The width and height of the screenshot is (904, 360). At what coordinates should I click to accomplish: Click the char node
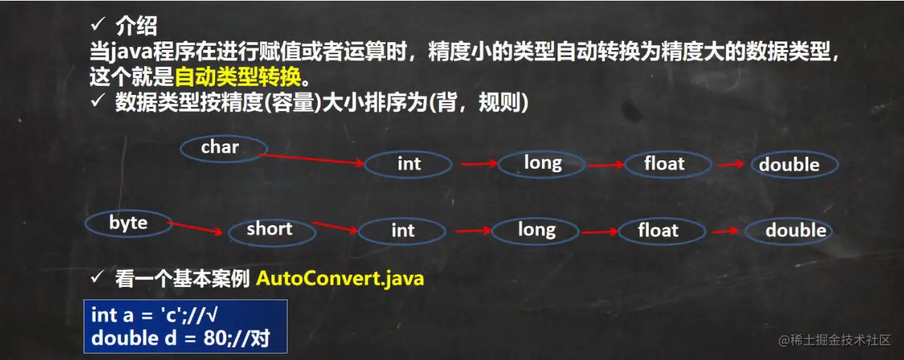click(223, 148)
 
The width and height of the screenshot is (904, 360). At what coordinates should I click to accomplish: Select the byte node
click(129, 224)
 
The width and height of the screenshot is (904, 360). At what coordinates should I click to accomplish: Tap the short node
click(269, 229)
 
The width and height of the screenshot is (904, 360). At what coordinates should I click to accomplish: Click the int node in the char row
click(408, 165)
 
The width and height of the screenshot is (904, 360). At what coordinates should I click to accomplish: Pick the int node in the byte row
click(402, 231)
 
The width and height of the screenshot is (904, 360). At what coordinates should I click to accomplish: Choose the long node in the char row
click(542, 164)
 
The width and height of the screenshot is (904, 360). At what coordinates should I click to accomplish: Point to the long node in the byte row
click(536, 230)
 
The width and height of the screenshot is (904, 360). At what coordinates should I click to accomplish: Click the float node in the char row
click(664, 165)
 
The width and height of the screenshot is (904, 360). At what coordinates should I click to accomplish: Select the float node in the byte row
click(658, 231)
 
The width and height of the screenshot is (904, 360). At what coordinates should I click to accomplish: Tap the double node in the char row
click(789, 165)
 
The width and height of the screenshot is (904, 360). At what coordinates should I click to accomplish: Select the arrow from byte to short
click(198, 229)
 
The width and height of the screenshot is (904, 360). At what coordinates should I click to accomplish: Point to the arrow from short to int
click(335, 227)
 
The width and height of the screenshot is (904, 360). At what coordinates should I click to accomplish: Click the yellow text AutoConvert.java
click(340, 278)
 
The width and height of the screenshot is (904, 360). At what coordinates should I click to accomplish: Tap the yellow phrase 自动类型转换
click(238, 75)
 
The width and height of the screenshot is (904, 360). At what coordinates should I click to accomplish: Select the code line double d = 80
click(180, 338)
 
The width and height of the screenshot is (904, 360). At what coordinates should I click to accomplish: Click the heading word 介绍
click(136, 27)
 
